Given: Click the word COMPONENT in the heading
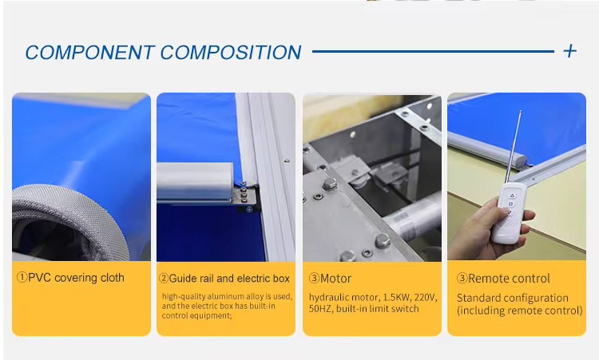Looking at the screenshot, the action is click(90, 52).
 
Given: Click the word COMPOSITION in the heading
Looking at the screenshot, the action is click(231, 52).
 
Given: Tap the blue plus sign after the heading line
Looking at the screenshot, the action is click(570, 51).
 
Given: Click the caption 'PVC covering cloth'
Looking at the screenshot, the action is click(77, 277).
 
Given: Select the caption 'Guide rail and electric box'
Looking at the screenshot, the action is click(229, 278).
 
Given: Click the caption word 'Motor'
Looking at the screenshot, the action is click(336, 278).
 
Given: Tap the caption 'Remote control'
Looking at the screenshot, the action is click(509, 278).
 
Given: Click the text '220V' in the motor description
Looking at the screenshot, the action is click(425, 297).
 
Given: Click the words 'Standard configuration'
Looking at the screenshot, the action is click(513, 298).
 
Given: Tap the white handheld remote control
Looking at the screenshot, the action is click(509, 213).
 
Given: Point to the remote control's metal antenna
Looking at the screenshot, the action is click(513, 147).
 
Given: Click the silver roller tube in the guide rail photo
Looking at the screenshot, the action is click(195, 181).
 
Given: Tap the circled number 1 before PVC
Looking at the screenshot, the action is click(22, 277).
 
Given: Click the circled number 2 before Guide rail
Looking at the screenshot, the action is click(164, 278).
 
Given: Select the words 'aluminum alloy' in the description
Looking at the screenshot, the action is click(236, 296).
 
